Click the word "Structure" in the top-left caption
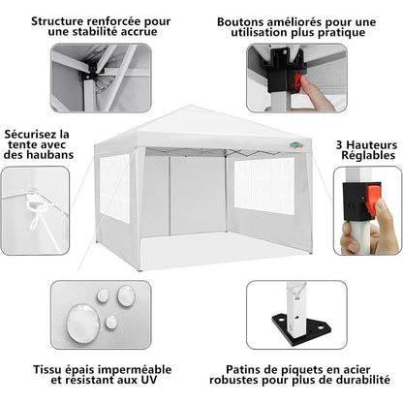[58, 21]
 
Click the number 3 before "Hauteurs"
[339, 145]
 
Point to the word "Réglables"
[368, 155]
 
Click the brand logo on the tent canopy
[296, 145]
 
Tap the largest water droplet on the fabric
[83, 323]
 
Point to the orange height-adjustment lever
[372, 199]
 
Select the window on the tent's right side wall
[264, 186]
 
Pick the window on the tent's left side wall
[114, 188]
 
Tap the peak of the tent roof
[190, 106]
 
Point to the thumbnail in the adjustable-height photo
[382, 204]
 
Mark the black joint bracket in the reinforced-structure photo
[90, 73]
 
